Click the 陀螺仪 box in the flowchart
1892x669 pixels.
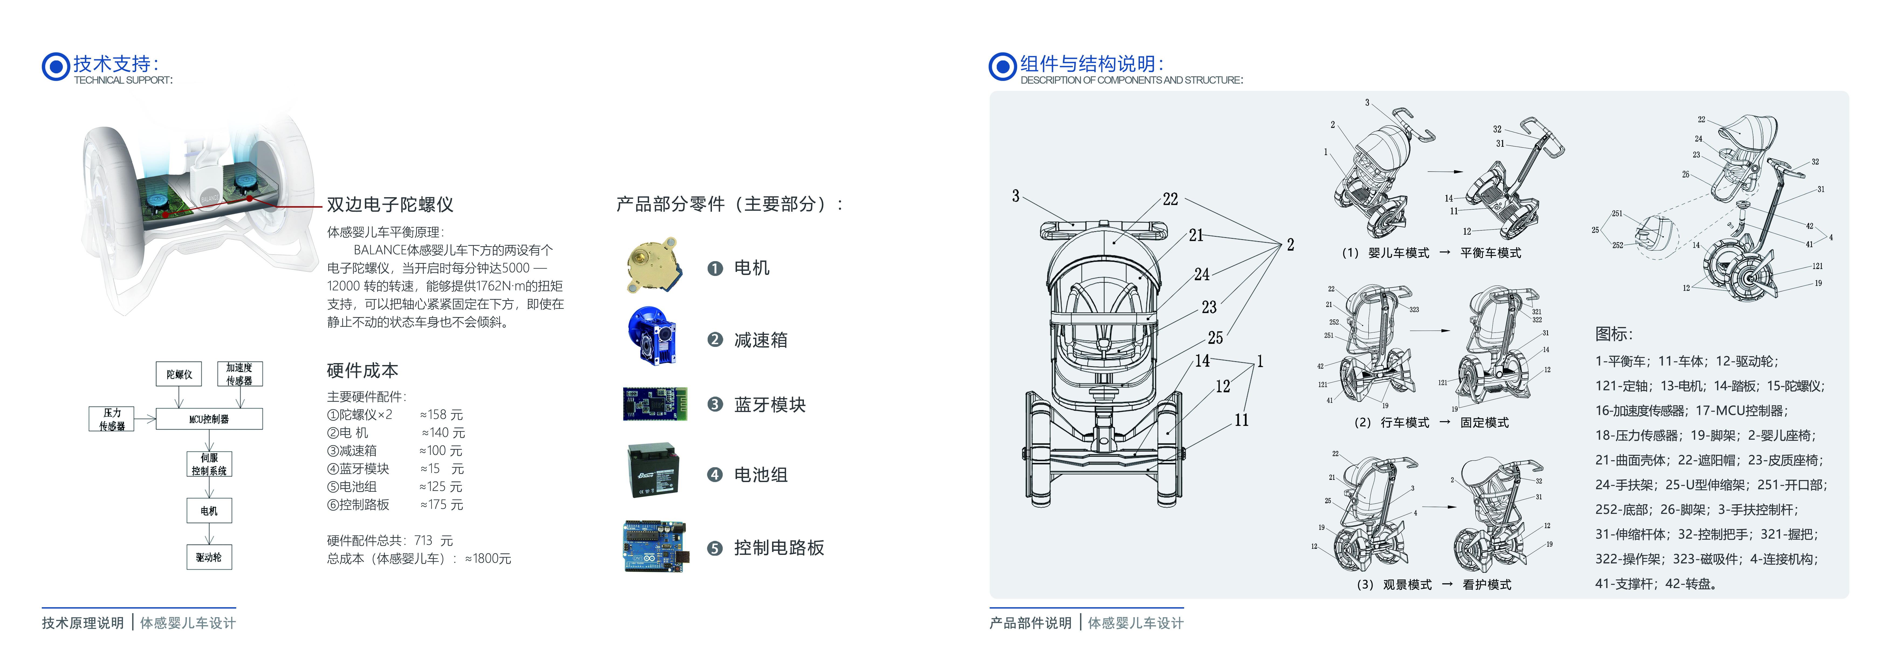point(179,374)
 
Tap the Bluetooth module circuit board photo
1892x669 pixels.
point(654,404)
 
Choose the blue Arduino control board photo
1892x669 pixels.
point(654,546)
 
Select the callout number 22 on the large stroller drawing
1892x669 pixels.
point(1170,199)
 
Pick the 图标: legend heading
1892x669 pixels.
point(1613,334)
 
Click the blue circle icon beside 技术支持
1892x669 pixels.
point(56,67)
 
